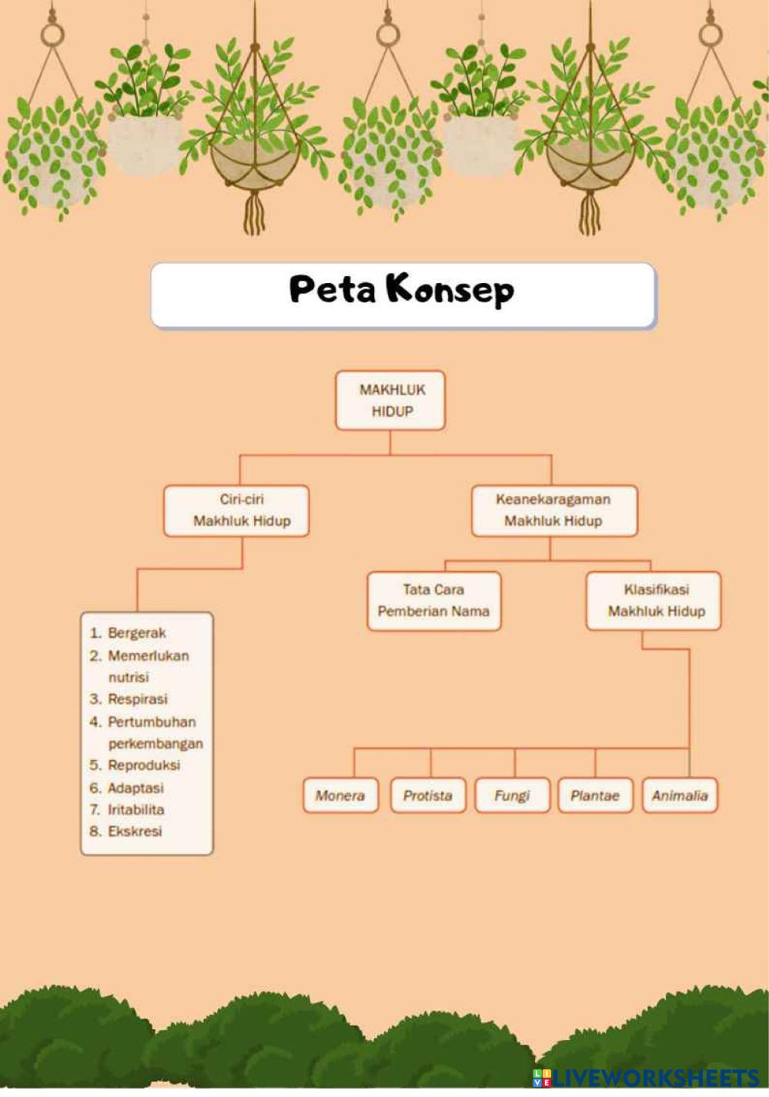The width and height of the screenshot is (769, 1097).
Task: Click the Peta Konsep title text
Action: tap(401, 290)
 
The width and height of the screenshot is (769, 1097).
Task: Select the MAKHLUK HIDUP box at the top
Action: tap(390, 400)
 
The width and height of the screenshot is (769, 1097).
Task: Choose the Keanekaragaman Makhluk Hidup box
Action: tap(553, 510)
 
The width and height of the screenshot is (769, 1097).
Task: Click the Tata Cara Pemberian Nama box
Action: tap(433, 601)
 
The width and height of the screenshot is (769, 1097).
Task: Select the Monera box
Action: tap(339, 795)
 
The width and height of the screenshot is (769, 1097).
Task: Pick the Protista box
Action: tap(427, 795)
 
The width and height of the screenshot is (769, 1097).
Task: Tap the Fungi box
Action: tap(512, 795)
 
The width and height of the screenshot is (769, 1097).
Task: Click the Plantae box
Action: tap(594, 795)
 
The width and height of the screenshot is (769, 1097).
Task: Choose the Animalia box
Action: tap(679, 795)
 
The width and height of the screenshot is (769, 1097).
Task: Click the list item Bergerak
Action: tap(136, 633)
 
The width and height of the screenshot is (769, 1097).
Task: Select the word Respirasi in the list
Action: tap(137, 699)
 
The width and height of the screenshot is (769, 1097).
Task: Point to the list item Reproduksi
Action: tap(143, 765)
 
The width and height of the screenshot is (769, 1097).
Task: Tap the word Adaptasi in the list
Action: tap(135, 788)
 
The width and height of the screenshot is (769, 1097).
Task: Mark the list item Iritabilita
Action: tap(135, 809)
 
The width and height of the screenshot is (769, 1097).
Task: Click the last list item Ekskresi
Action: tap(135, 832)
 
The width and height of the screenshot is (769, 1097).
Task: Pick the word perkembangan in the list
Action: tap(155, 744)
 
